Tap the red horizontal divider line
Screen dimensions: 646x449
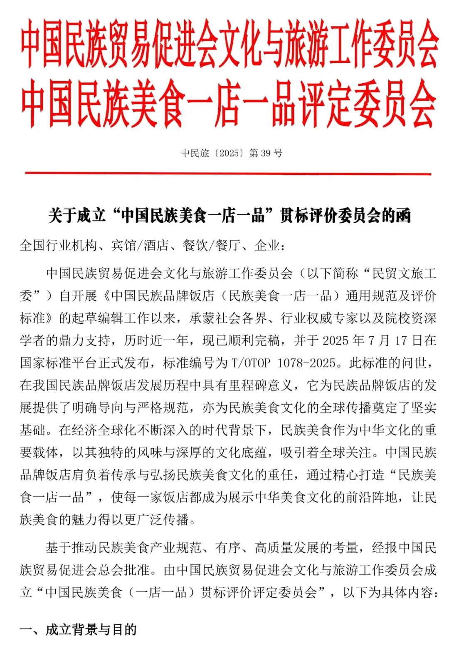pyautogui.click(x=228, y=173)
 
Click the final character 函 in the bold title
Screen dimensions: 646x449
pyautogui.click(x=403, y=216)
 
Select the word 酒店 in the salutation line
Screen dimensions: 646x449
pyautogui.click(x=156, y=246)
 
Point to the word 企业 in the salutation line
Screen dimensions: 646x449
pyautogui.click(x=267, y=246)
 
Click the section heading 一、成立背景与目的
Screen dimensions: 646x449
pyautogui.click(x=78, y=630)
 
